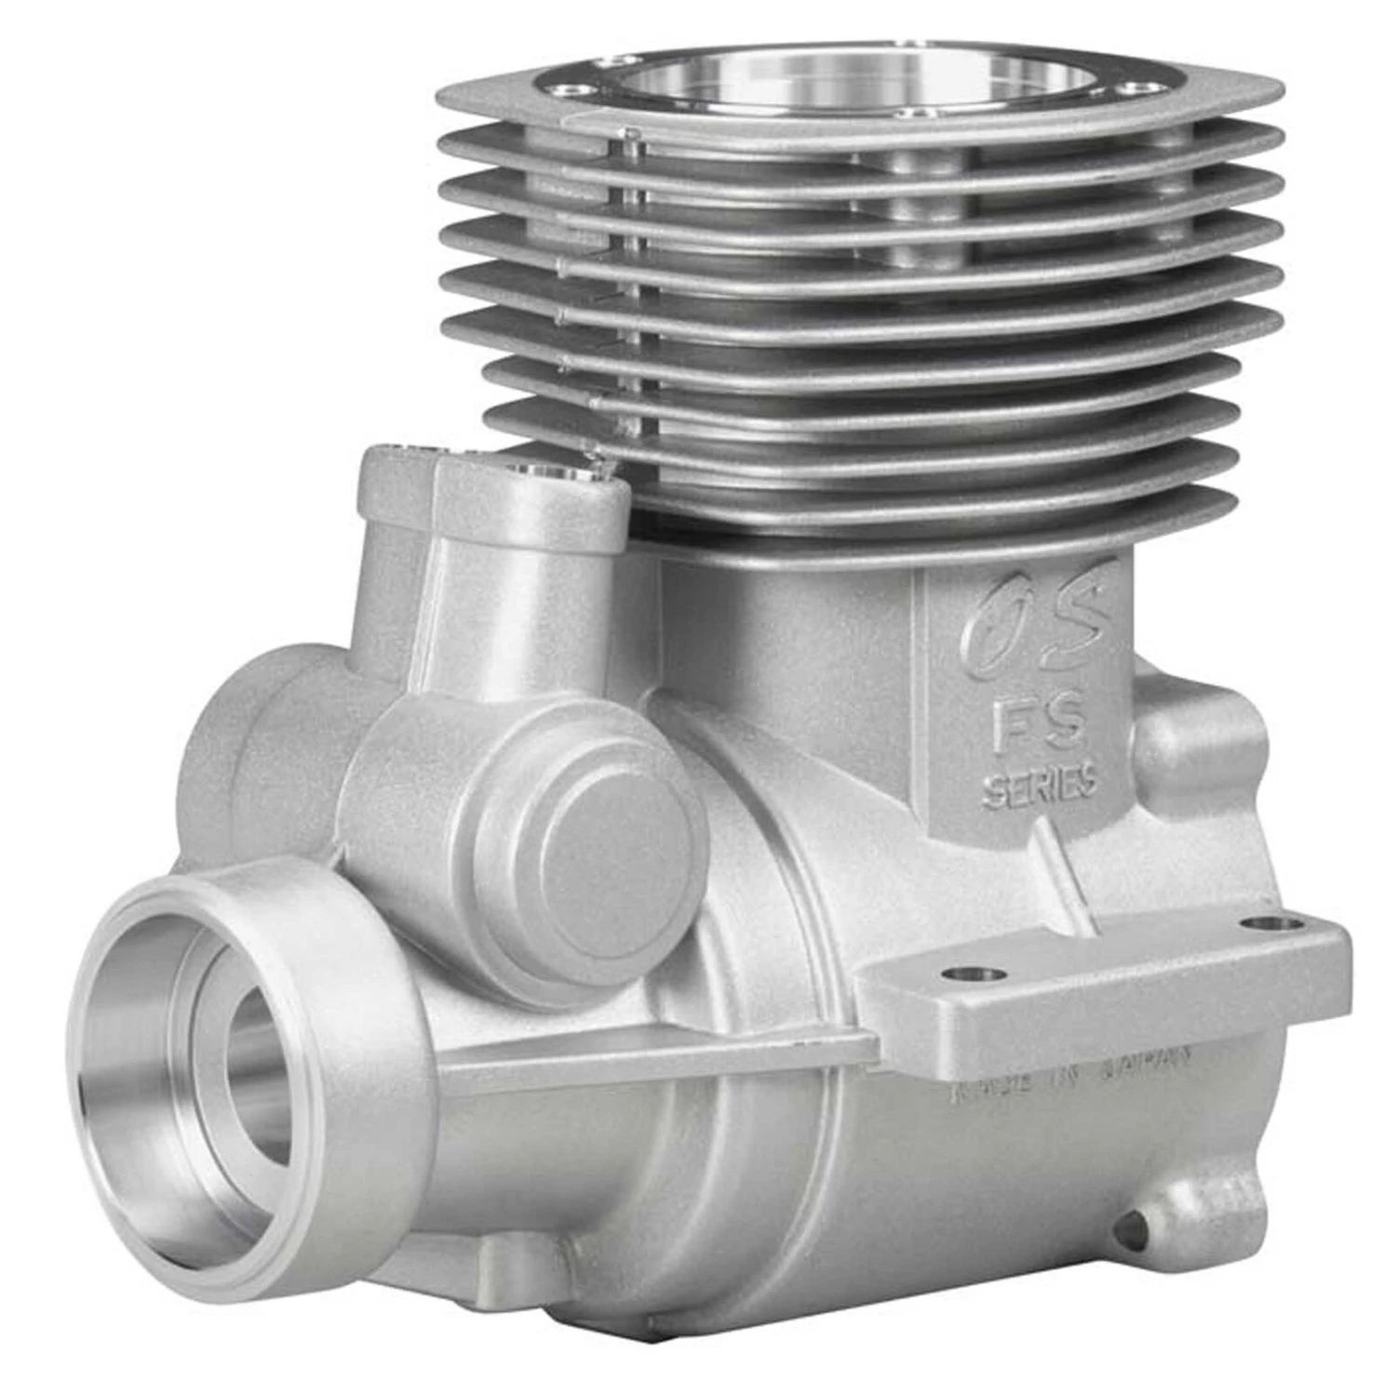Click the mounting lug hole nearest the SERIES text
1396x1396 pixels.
click(x=973, y=973)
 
